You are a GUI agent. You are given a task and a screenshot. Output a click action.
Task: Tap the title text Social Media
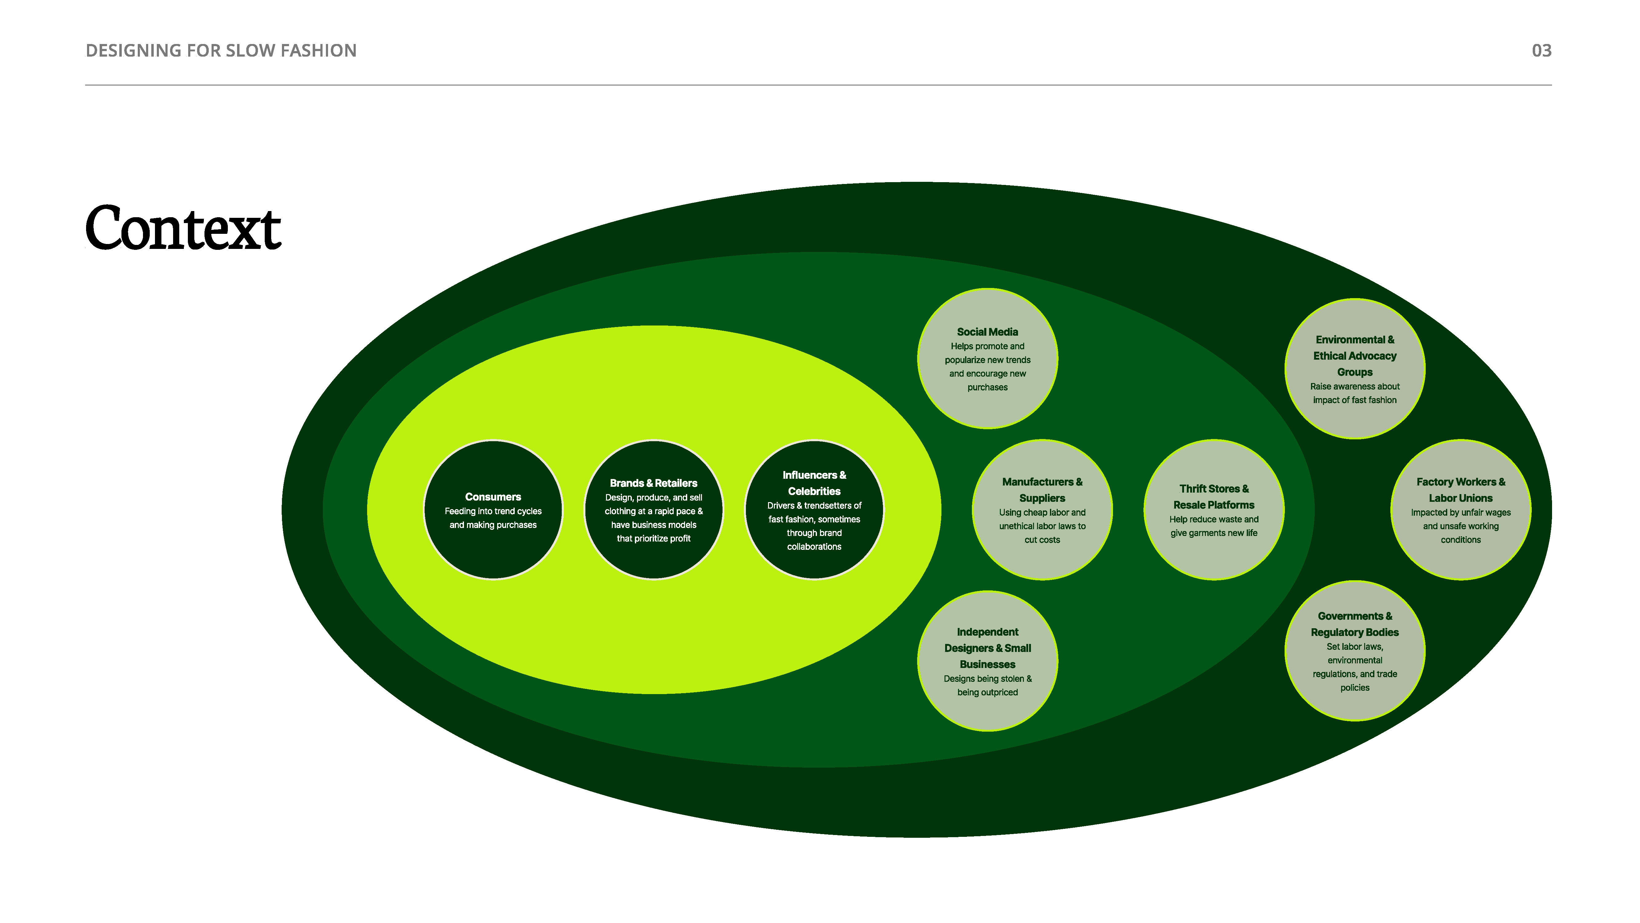coord(988,332)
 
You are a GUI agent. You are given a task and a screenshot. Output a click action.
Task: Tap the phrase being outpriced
coord(988,693)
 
